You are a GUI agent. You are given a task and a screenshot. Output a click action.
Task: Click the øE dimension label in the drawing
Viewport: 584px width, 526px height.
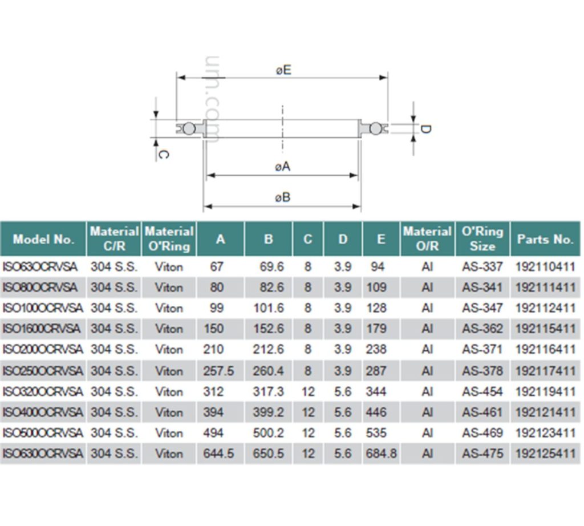click(284, 70)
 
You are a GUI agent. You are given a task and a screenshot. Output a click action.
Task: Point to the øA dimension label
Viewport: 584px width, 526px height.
click(283, 167)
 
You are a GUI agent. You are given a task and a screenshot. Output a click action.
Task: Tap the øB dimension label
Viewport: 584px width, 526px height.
click(283, 197)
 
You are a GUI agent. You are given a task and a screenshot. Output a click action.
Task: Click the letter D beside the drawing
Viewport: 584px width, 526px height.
click(425, 129)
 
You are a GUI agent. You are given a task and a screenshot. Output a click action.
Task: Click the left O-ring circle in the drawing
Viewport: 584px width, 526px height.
click(189, 129)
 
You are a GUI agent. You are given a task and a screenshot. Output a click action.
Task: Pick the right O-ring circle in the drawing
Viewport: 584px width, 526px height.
click(375, 129)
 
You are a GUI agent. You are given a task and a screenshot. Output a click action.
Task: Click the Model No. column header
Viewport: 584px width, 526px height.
click(43, 239)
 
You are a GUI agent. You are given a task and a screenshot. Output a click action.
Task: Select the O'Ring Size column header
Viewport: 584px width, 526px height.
click(482, 239)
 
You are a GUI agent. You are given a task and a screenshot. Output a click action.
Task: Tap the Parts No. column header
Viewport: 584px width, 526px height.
click(545, 239)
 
